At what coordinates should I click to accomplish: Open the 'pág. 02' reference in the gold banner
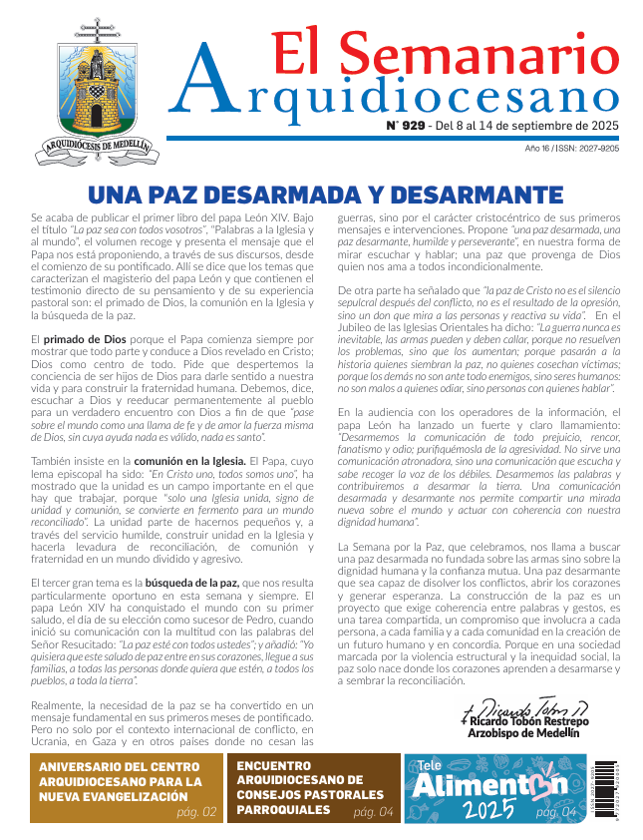click(197, 812)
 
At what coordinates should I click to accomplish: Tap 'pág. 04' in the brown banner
click(373, 812)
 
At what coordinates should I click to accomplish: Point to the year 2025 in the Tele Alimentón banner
click(491, 810)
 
